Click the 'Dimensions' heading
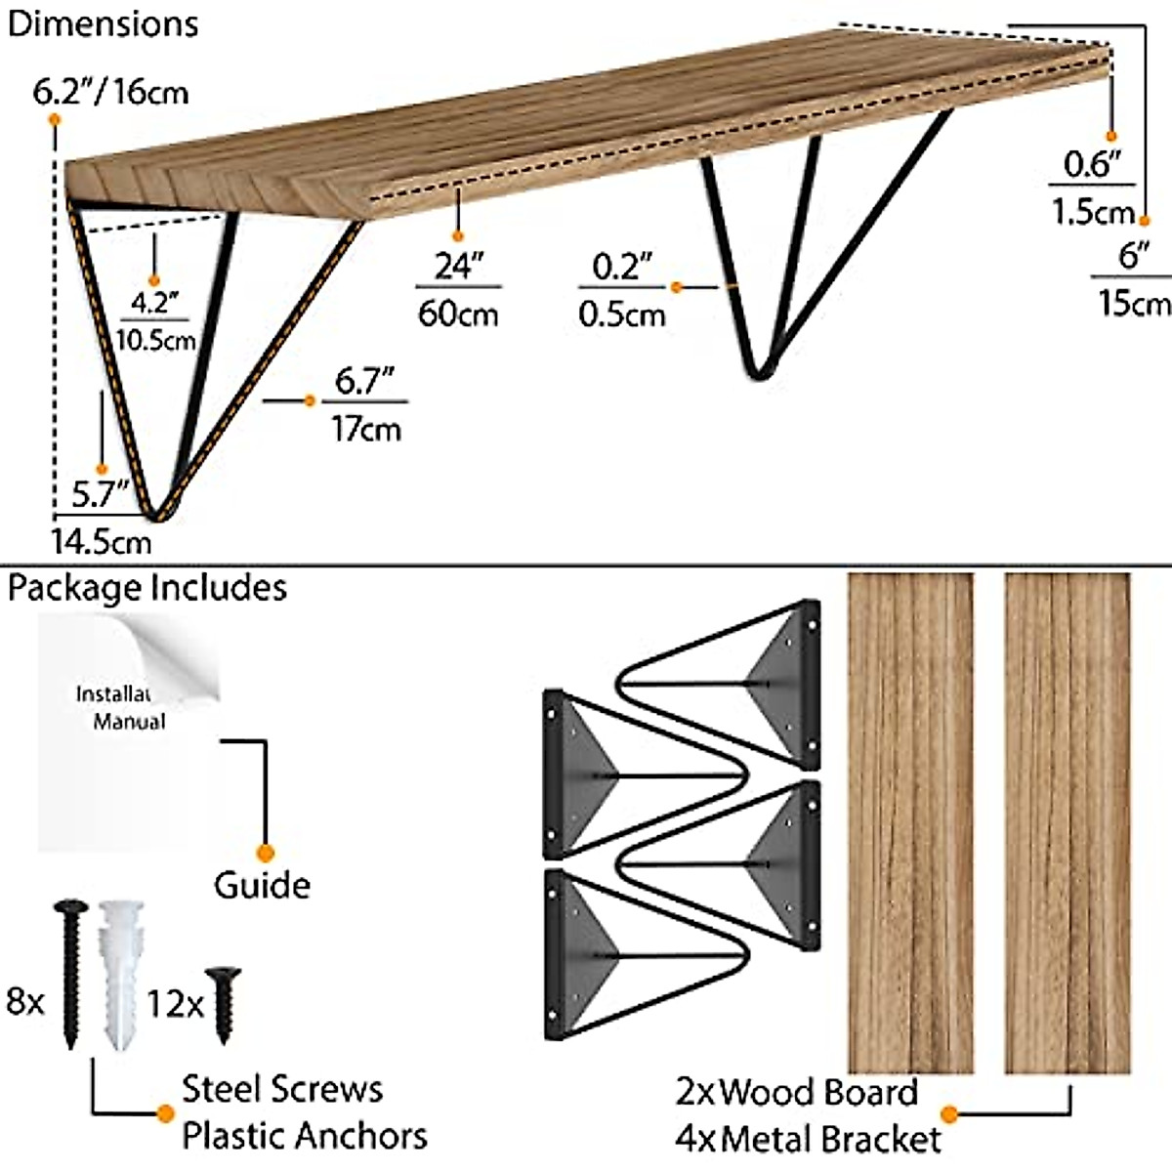pos(103,25)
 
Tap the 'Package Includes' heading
pos(146,589)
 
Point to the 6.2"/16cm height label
pos(110,93)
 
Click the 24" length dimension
pos(458,266)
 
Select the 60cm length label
pos(458,314)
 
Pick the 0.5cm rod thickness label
pos(621,315)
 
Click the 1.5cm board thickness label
pos(1093,212)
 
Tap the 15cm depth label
pos(1135,302)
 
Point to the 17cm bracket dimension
pos(366,429)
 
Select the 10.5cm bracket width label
pos(155,340)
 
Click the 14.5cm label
pos(101,542)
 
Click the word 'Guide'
pos(262,886)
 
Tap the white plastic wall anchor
pos(120,975)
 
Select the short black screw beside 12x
pos(224,1006)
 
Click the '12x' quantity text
pos(175,1004)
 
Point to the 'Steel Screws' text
pos(282,1089)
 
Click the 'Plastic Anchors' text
pos(305,1136)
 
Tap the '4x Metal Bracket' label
pos(809,1139)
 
